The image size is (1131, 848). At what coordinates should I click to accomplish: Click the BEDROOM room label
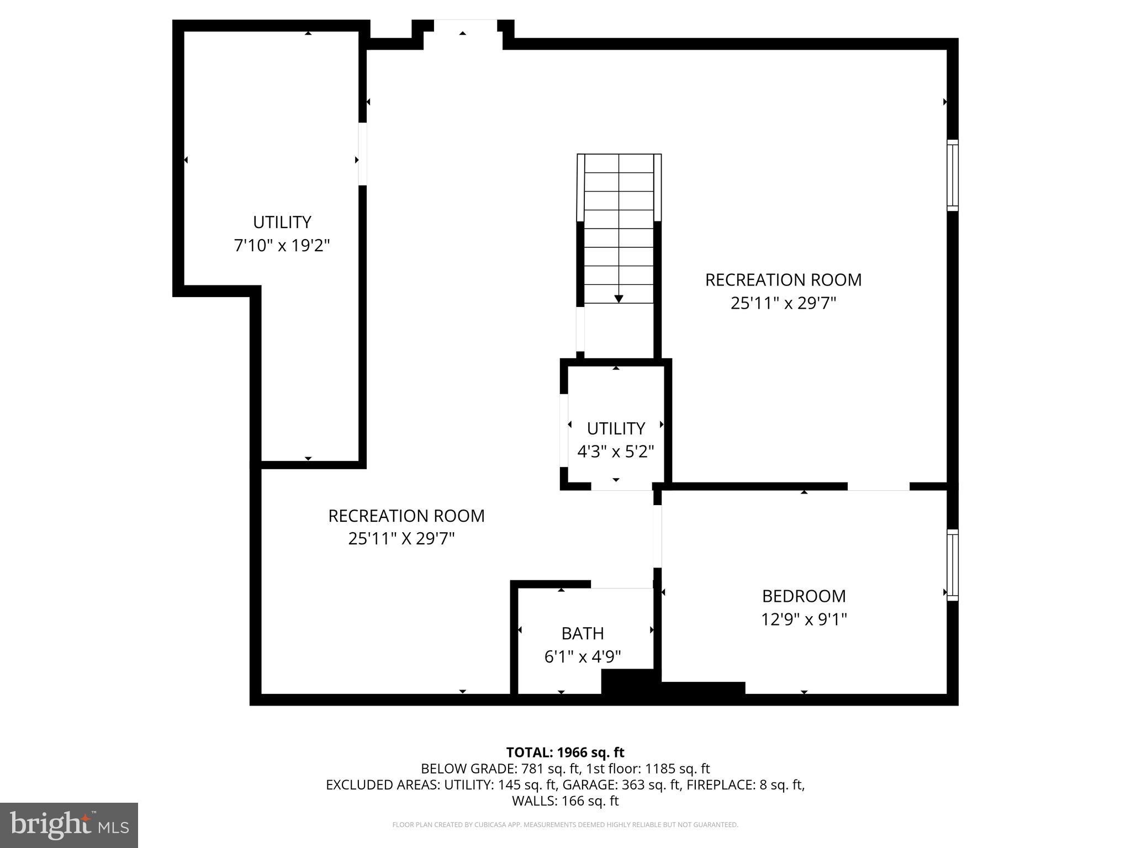[804, 596]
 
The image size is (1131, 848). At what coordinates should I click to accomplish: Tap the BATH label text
[582, 633]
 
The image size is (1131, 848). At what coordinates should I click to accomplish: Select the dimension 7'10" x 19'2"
[282, 245]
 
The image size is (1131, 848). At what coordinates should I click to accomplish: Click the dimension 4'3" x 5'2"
[615, 452]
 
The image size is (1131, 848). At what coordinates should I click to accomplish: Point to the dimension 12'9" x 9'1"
[804, 619]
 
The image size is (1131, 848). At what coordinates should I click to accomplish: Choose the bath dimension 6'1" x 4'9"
[582, 656]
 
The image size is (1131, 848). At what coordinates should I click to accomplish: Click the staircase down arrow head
[619, 299]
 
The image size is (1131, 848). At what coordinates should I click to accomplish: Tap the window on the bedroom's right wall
[952, 565]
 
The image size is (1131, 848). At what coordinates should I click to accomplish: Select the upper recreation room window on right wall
[952, 175]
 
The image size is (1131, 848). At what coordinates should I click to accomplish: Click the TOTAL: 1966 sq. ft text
[565, 752]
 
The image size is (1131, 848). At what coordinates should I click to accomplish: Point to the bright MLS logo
[68, 825]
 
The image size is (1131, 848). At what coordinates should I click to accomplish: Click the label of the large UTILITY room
[282, 222]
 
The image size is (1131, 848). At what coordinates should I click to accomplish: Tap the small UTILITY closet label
[615, 428]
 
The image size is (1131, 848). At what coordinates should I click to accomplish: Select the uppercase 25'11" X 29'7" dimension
[401, 538]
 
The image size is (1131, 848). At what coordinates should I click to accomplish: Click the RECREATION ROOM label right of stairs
[783, 280]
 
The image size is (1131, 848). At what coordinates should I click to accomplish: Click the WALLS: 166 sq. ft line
[565, 801]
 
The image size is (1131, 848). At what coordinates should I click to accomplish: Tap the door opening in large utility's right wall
[362, 153]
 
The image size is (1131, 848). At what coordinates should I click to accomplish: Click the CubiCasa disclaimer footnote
[565, 825]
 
